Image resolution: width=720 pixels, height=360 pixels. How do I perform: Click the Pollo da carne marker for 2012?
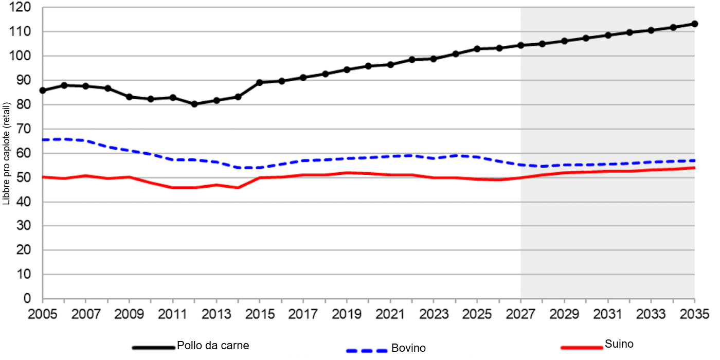pyautogui.click(x=194, y=104)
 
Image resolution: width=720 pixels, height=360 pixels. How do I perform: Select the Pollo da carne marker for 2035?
pyautogui.click(x=694, y=24)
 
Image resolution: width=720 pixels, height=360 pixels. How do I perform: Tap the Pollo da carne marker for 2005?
pyautogui.click(x=43, y=91)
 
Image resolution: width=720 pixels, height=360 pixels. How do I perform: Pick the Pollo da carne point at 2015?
pyautogui.click(x=260, y=82)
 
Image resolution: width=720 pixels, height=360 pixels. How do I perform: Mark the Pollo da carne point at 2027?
pyautogui.click(x=520, y=45)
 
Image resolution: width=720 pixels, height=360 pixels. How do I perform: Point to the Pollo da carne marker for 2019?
pyautogui.click(x=347, y=69)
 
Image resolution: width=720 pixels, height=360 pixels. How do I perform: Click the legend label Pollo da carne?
pyautogui.click(x=213, y=344)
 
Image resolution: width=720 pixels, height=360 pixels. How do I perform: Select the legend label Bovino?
pyautogui.click(x=408, y=348)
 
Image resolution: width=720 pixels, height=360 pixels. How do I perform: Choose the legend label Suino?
pyautogui.click(x=619, y=344)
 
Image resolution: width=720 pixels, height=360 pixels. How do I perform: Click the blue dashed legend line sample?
pyautogui.click(x=367, y=350)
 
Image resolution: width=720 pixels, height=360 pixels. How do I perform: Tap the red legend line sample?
pyautogui.click(x=581, y=347)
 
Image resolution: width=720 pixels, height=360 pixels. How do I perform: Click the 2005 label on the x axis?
pyautogui.click(x=43, y=313)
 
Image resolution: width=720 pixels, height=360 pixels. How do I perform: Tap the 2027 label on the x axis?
pyautogui.click(x=520, y=313)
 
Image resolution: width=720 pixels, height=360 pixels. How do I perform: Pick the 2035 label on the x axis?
pyautogui.click(x=694, y=313)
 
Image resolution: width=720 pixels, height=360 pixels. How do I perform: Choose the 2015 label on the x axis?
pyautogui.click(x=260, y=313)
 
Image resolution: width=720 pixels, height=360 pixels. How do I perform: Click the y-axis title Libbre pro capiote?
pyautogui.click(x=6, y=153)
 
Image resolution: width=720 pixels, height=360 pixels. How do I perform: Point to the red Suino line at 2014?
pyautogui.click(x=238, y=188)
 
